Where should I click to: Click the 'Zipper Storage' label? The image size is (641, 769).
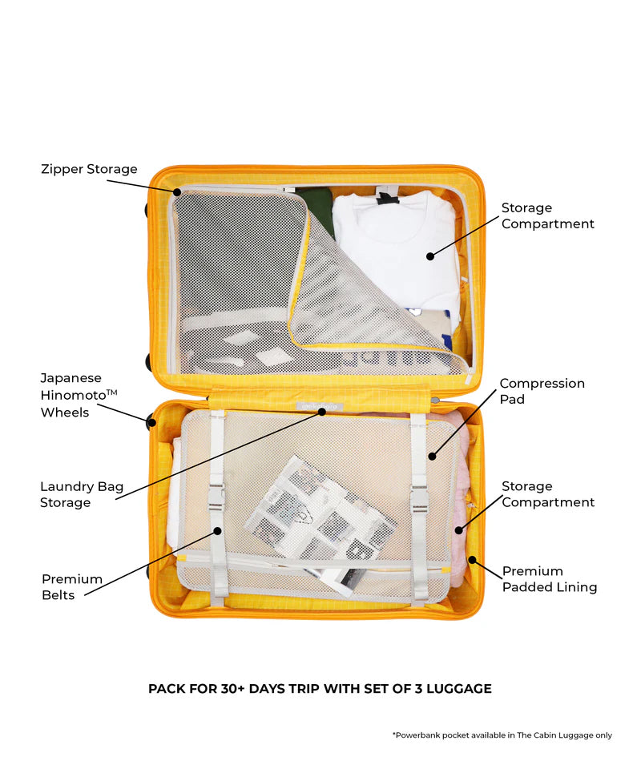point(89,169)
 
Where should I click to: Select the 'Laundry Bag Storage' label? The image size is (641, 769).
point(82,494)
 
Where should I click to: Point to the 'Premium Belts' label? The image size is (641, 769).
point(72,586)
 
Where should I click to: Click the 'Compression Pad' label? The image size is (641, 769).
point(542,391)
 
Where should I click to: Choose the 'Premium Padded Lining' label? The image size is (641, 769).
point(549,578)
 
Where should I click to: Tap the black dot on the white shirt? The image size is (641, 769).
point(430,256)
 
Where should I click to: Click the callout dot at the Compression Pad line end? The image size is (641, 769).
point(432,457)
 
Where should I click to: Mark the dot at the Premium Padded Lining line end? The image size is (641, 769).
point(472,559)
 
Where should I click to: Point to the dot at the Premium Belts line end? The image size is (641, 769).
point(216,529)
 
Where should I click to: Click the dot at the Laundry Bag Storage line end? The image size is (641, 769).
point(321,412)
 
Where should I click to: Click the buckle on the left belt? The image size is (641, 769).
point(216,497)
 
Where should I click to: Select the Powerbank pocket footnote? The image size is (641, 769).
point(502,735)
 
